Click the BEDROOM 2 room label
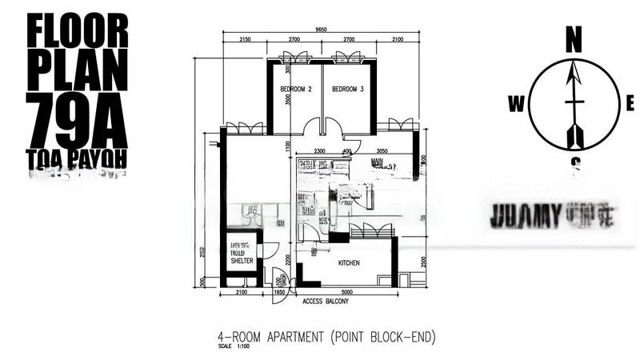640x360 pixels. pos(294,89)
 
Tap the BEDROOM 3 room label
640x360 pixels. pos(348,89)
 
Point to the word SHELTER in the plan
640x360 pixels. pos(242,261)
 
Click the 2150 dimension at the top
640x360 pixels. pos(245,39)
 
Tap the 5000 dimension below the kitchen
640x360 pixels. pos(346,292)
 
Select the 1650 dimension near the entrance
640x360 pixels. pos(280,292)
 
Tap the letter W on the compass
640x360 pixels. pos(516,103)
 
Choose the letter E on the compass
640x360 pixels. pos(630,102)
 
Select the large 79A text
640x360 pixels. pos(77,117)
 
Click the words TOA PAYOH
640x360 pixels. pos(77,157)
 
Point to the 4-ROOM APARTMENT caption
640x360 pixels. pos(326,337)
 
